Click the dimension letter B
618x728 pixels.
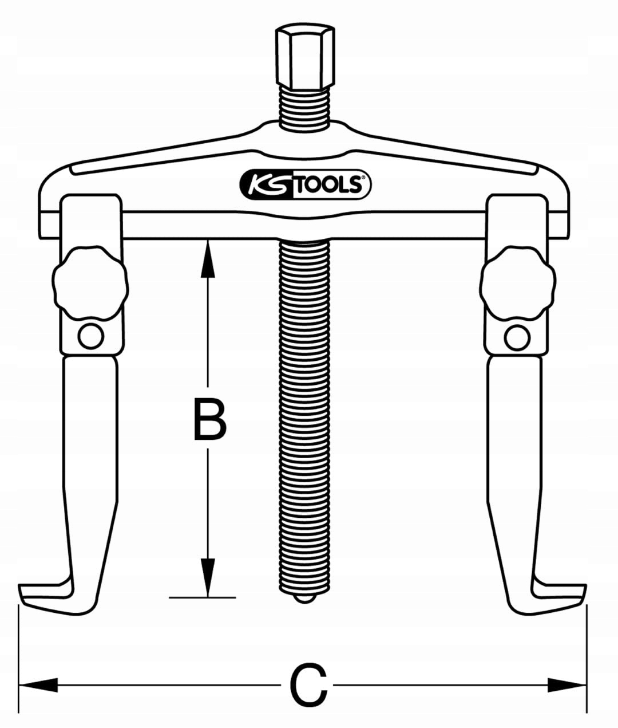tap(210, 421)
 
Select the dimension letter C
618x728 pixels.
tap(309, 685)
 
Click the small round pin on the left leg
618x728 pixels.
tap(90, 336)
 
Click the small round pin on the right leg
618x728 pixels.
tap(517, 337)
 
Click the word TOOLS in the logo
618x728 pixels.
tap(331, 185)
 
